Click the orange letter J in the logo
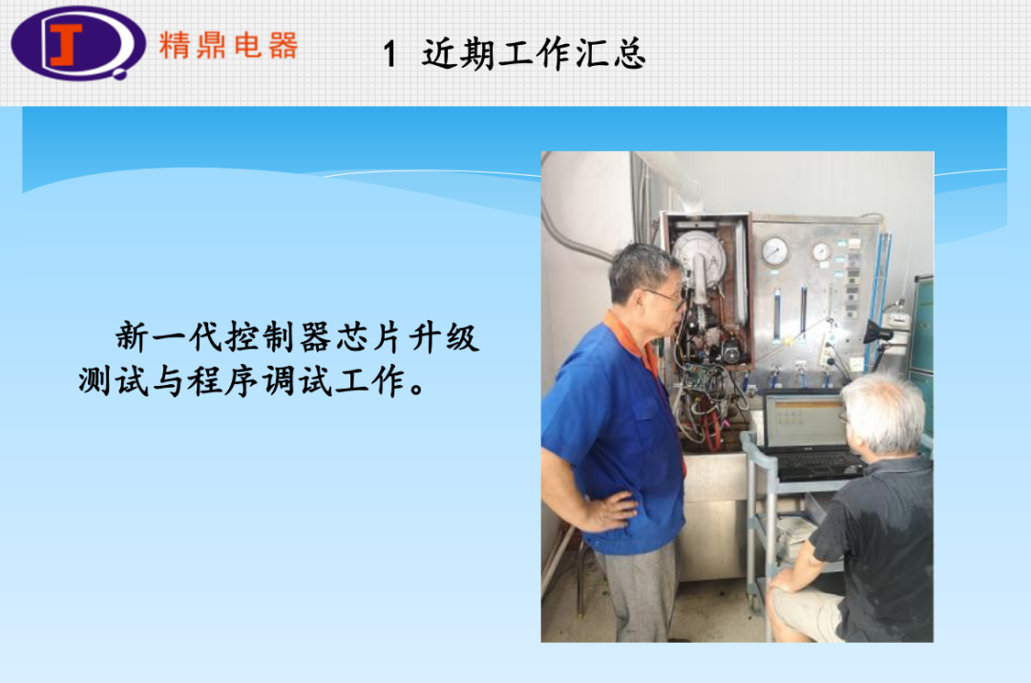click(x=66, y=45)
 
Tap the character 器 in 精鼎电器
click(x=284, y=46)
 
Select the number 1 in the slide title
click(x=389, y=53)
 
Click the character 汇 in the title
click(x=591, y=53)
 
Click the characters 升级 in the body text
click(x=444, y=337)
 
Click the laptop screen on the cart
click(x=804, y=420)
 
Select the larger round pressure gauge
click(x=774, y=251)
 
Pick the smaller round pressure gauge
click(x=821, y=251)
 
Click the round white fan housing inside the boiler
click(x=698, y=258)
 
